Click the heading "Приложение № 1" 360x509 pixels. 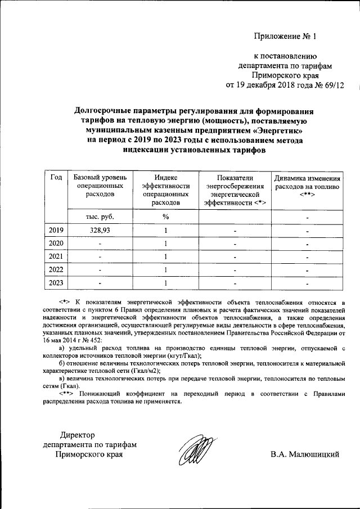(x=286, y=37)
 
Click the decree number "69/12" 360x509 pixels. (x=332, y=85)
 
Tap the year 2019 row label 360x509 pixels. (x=56, y=231)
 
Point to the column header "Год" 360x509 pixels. (x=56, y=178)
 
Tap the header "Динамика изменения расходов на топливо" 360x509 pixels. (x=307, y=186)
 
